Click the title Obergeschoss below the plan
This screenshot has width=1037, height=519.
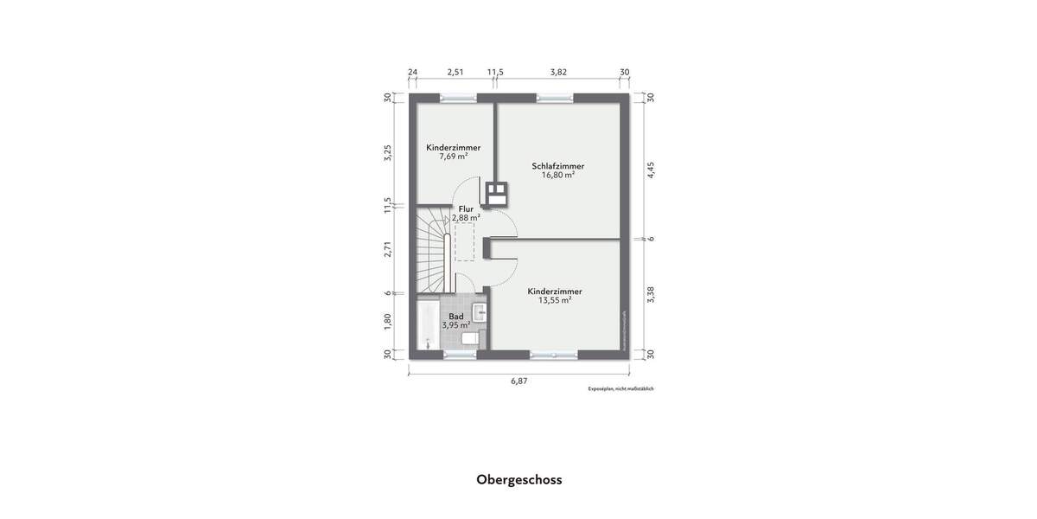pos(518,479)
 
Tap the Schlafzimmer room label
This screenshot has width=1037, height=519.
pos(557,165)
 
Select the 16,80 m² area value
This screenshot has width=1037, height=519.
pos(557,175)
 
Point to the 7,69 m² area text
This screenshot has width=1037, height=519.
pos(453,157)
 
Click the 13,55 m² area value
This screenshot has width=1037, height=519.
pos(555,301)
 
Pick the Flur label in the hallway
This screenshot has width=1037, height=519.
pos(466,208)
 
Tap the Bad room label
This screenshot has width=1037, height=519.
pos(455,317)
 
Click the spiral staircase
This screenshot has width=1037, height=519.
pos(435,251)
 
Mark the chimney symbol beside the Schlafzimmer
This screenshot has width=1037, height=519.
pos(496,192)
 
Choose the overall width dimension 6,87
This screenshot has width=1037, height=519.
pos(518,380)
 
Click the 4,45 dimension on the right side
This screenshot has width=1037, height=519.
pos(652,170)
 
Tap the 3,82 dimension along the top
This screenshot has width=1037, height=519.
pos(558,73)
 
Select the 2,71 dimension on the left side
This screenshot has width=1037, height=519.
pos(388,250)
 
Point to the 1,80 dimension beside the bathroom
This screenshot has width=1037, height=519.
pos(388,321)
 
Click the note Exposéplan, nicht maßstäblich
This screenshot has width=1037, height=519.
pos(620,389)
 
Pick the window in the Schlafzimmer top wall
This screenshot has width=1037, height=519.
pos(549,97)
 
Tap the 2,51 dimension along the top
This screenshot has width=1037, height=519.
pos(455,73)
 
